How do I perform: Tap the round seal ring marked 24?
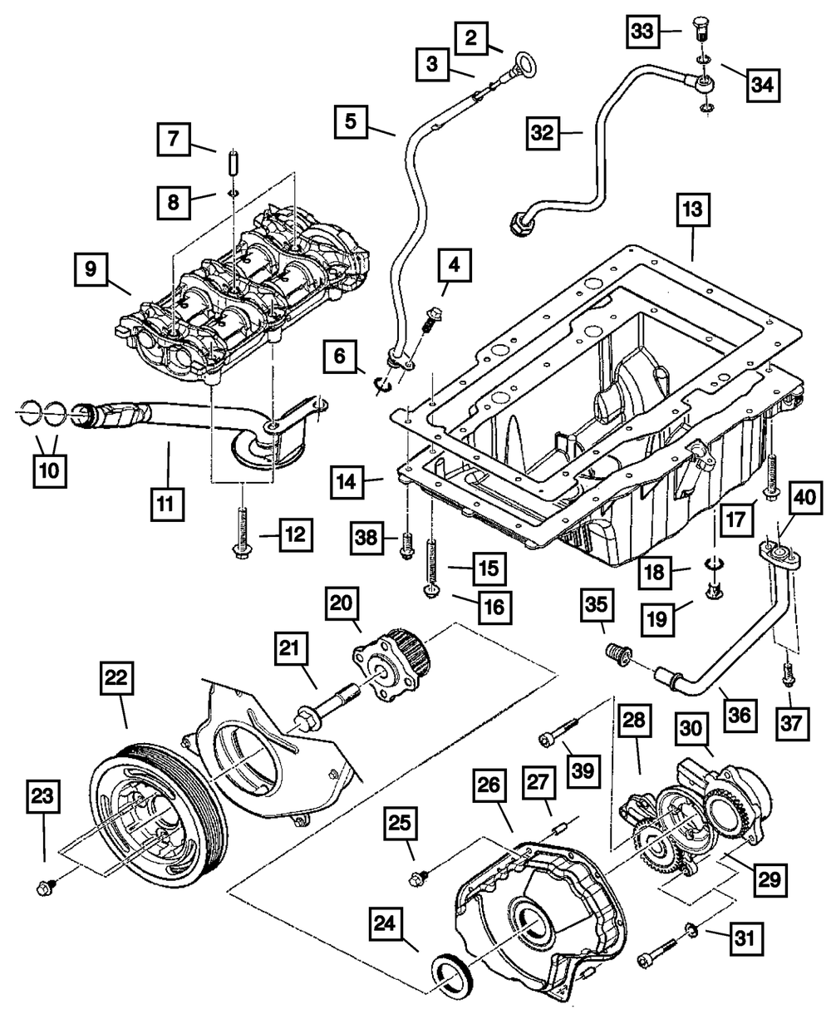451,974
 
